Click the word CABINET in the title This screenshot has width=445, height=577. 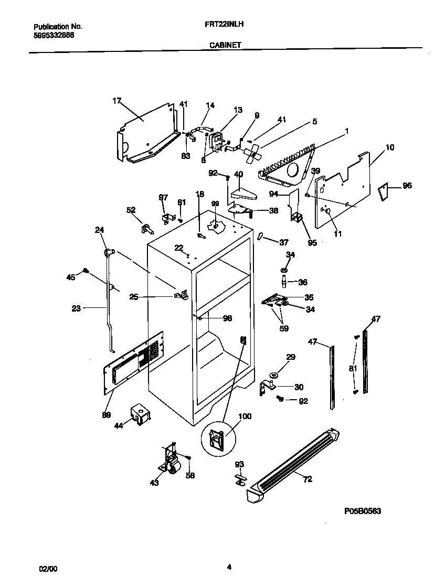point(225,45)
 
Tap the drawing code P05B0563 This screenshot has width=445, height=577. point(363,511)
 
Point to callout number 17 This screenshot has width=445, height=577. point(116,100)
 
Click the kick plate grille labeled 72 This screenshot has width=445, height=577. point(294,464)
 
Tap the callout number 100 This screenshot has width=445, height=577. point(245,416)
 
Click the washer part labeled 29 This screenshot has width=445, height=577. point(274,375)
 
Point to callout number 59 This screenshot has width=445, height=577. point(284,329)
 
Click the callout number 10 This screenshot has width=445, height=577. point(390,147)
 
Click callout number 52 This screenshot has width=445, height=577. point(131,210)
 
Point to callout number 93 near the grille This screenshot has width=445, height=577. point(239,464)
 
